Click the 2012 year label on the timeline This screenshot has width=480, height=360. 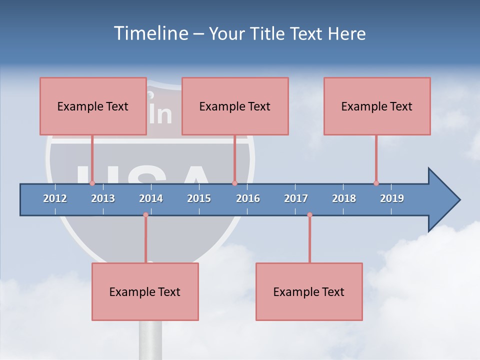click(55, 198)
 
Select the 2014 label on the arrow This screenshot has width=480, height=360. click(151, 198)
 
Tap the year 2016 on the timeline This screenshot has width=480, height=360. click(248, 198)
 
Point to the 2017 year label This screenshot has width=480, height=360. click(296, 198)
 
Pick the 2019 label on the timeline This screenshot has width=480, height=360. click(392, 198)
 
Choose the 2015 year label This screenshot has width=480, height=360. click(199, 198)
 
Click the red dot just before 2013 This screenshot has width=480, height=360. click(92, 183)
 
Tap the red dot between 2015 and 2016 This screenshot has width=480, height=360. click(234, 183)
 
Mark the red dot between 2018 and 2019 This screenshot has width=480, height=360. click(376, 183)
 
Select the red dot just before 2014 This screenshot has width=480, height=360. click(145, 215)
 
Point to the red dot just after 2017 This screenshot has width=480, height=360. click(309, 215)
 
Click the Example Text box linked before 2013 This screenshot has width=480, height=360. click(93, 106)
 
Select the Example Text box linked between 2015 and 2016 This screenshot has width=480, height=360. click(235, 106)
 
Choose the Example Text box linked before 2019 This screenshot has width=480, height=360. click(377, 106)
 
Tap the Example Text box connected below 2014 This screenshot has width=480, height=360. click(145, 291)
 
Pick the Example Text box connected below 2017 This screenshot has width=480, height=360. click(309, 291)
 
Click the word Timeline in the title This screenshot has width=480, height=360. click(150, 33)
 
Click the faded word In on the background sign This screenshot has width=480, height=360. click(160, 113)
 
